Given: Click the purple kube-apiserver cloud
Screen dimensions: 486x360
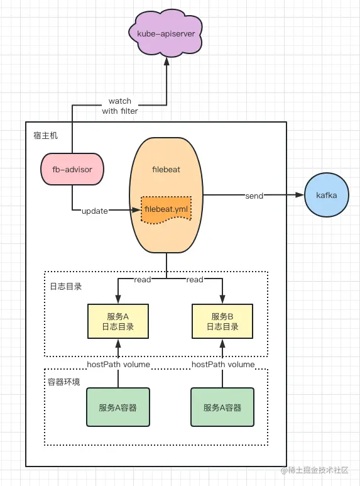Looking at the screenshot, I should pyautogui.click(x=166, y=32).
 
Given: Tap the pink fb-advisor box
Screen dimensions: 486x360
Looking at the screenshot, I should pyautogui.click(x=72, y=169).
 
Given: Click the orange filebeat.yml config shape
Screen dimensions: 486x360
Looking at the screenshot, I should pyautogui.click(x=166, y=209).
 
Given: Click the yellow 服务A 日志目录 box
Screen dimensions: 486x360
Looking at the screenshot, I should pyautogui.click(x=117, y=321).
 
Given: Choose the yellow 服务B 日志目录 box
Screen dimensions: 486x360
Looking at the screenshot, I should pyautogui.click(x=222, y=321).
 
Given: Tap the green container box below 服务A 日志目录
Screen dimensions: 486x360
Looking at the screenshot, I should pyautogui.click(x=117, y=407).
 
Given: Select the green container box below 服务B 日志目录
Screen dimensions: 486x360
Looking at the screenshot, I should pyautogui.click(x=222, y=407).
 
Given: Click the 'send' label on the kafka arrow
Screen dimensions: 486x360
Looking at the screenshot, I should pyautogui.click(x=254, y=196).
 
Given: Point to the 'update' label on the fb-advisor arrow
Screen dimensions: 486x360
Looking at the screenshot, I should pyautogui.click(x=95, y=210).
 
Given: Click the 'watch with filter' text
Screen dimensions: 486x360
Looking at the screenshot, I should pyautogui.click(x=119, y=106).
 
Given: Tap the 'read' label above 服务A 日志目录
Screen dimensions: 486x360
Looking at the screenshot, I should pyautogui.click(x=143, y=280).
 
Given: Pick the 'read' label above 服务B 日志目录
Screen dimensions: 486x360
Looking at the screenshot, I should pyautogui.click(x=195, y=280).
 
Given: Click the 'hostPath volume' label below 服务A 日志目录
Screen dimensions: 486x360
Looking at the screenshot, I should pyautogui.click(x=117, y=364).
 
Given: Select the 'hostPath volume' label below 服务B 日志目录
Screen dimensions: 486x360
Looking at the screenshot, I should pyautogui.click(x=223, y=364).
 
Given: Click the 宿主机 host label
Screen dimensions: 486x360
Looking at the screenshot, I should pyautogui.click(x=46, y=135).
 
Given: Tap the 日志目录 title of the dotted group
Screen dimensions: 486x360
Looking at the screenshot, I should pyautogui.click(x=65, y=286).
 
